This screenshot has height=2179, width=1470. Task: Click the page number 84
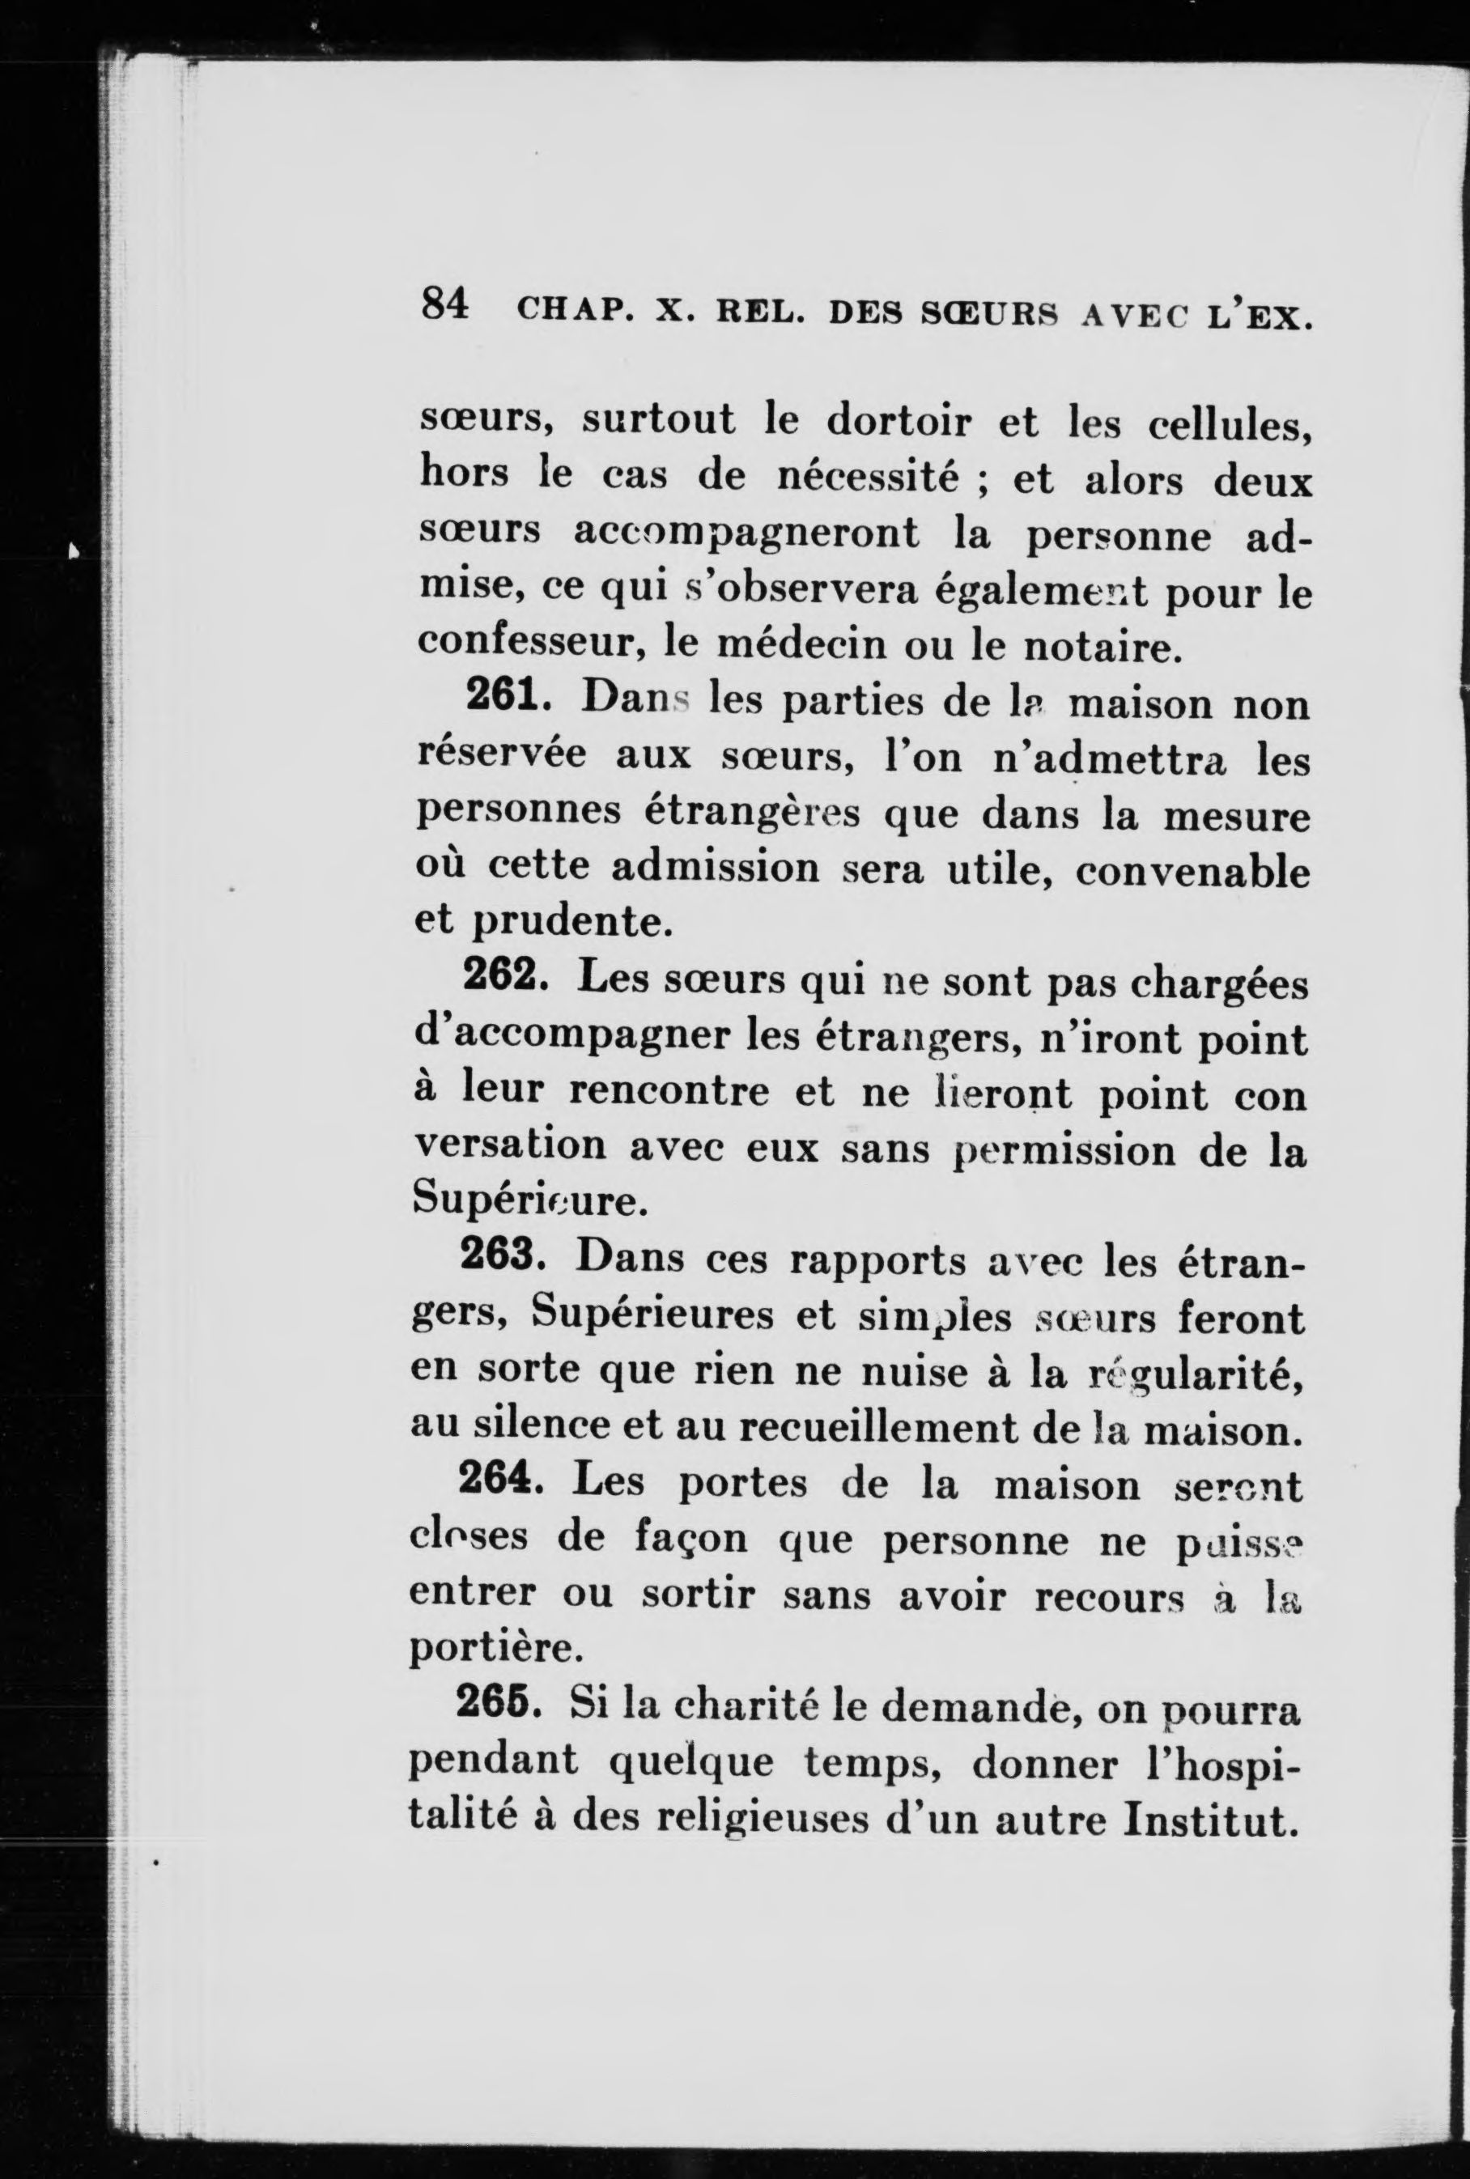(444, 304)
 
